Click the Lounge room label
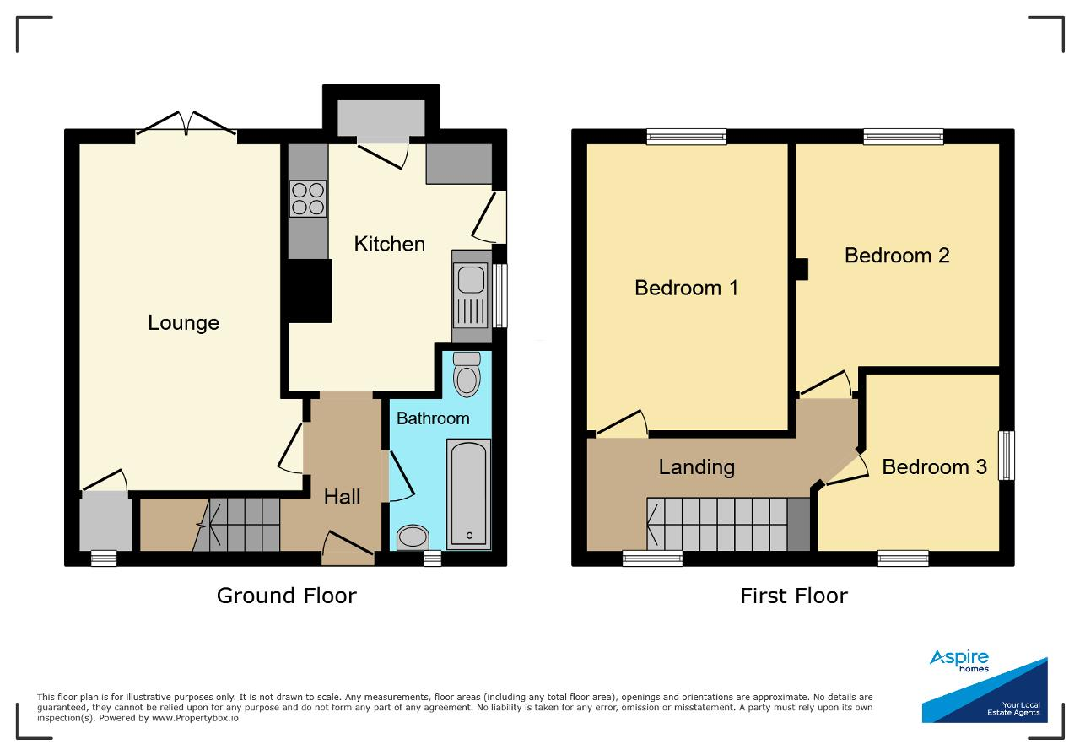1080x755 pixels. click(183, 323)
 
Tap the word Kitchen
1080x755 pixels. click(390, 244)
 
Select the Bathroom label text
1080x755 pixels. click(433, 418)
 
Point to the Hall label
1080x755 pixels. click(342, 497)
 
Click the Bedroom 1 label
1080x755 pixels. click(686, 288)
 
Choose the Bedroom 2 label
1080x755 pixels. click(897, 255)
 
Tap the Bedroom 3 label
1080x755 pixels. click(934, 466)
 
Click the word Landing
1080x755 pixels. click(697, 467)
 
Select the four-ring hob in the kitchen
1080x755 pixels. click(308, 198)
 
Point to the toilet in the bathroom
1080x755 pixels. click(467, 374)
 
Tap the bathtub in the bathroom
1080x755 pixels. click(468, 493)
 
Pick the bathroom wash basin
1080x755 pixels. click(413, 537)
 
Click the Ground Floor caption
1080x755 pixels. click(287, 596)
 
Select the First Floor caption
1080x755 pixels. click(794, 596)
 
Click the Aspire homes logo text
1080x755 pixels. click(959, 660)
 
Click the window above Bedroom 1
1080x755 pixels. click(687, 137)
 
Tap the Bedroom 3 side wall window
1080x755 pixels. click(1007, 456)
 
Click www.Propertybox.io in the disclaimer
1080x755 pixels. click(195, 718)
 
